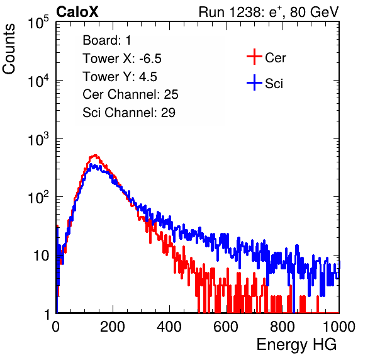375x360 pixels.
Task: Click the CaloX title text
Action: [x=77, y=12]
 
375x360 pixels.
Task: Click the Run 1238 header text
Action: [x=269, y=12]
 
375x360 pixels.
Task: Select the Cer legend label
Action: [x=275, y=58]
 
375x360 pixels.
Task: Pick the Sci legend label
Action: [x=274, y=84]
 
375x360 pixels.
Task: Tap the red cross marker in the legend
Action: [x=254, y=57]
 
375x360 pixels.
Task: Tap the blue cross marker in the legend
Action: [x=254, y=82]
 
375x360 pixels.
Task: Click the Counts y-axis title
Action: [x=9, y=49]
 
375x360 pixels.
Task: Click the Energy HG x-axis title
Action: [x=296, y=345]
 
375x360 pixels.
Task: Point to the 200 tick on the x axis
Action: [x=113, y=327]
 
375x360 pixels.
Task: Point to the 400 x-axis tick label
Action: [x=169, y=327]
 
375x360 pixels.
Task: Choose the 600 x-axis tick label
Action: [x=226, y=327]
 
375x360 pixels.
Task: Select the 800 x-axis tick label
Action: [x=283, y=327]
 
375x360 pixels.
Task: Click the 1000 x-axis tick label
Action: [x=339, y=327]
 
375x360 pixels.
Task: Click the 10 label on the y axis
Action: [x=41, y=256]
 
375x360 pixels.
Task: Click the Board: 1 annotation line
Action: [x=107, y=40]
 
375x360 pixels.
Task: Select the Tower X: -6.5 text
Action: [x=122, y=59]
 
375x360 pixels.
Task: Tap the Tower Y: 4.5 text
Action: [x=120, y=77]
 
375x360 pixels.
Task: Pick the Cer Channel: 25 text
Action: [x=130, y=94]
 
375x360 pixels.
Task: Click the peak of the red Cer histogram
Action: [x=95, y=155]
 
